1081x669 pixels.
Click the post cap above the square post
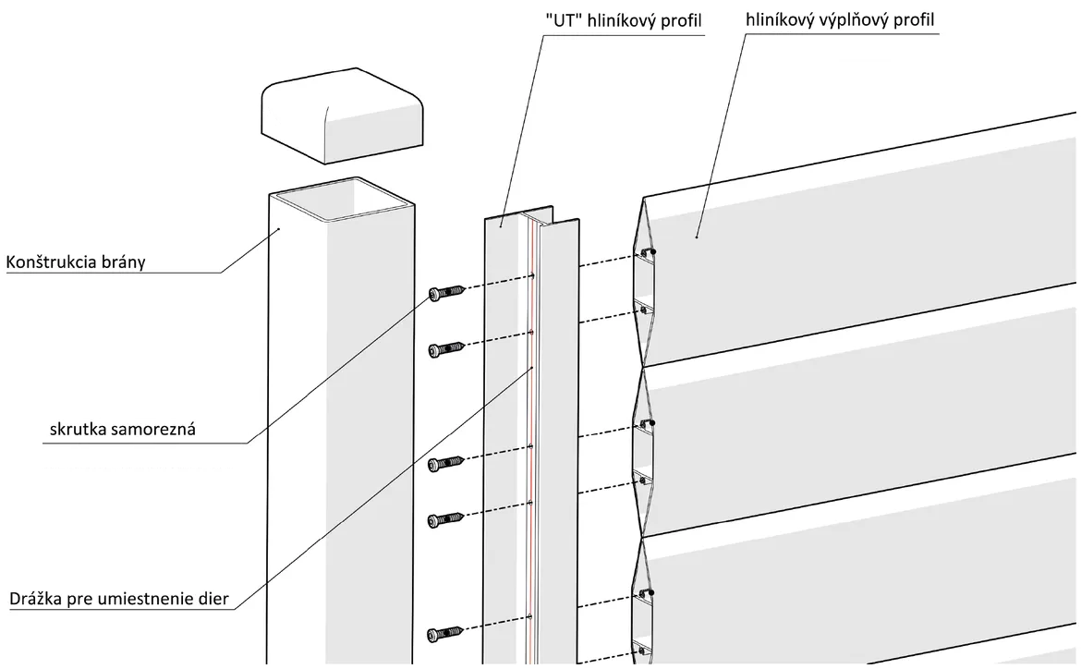tap(341, 116)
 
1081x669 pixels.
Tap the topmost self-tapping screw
tap(447, 293)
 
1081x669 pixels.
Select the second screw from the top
tap(447, 349)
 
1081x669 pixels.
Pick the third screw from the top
tap(447, 464)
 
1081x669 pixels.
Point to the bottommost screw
tap(447, 634)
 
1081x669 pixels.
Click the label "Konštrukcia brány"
tap(76, 262)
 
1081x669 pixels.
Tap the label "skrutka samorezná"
tap(123, 429)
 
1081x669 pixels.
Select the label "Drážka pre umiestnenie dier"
tap(118, 599)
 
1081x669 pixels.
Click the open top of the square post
tap(342, 200)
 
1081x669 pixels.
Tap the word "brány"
tap(124, 262)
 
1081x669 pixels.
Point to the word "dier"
tap(213, 599)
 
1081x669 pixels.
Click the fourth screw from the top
tap(447, 521)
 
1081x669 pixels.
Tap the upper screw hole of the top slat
tap(646, 252)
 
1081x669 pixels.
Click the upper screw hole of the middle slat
tap(646, 423)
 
